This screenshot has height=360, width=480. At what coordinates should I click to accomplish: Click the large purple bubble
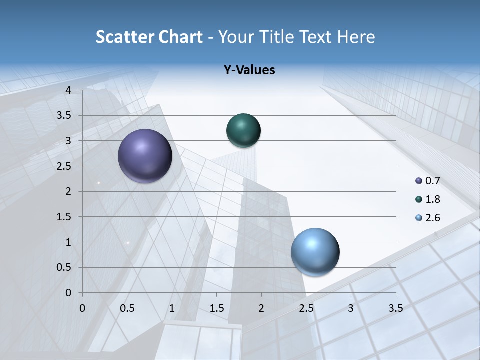coord(145,156)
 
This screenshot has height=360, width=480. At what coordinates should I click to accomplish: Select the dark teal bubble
coord(243,130)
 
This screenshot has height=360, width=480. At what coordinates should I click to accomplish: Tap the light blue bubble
coord(315,252)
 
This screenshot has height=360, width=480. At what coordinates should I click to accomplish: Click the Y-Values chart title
coord(249,70)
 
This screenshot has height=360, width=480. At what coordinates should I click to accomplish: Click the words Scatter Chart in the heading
coord(149,37)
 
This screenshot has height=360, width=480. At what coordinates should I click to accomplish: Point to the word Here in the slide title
coord(356,37)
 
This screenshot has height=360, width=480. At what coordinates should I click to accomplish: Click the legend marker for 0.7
coord(419,181)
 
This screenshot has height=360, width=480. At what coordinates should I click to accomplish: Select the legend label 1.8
coord(433,199)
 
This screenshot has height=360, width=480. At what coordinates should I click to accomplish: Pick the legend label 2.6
coord(433,218)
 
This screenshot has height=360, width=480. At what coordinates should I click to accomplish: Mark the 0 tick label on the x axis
coord(82,308)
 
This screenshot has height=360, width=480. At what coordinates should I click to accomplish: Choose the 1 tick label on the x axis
coord(172,308)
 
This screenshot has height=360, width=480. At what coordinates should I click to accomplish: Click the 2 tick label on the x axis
coord(261,308)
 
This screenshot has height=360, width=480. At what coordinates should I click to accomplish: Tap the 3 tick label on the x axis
coord(351,308)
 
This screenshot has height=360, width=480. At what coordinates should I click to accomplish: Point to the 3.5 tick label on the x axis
coord(395,308)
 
